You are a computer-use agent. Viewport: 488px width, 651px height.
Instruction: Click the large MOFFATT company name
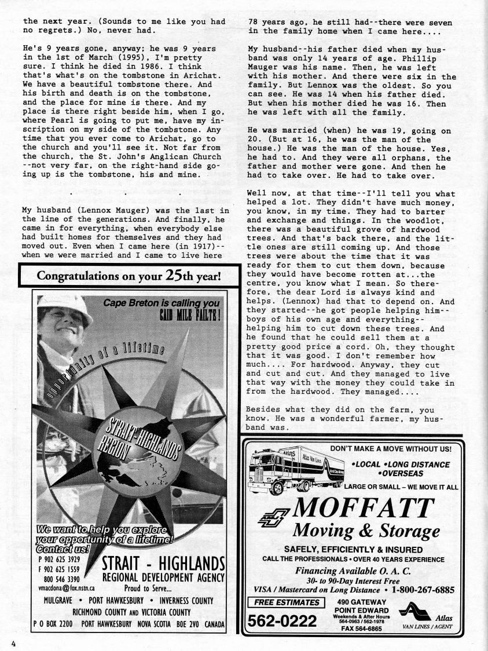click(x=364, y=508)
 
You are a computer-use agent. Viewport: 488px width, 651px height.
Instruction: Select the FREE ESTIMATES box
click(x=286, y=602)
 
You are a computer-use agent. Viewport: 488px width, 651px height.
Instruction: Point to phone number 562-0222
click(x=282, y=621)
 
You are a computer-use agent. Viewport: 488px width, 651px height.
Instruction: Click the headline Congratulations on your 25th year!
click(x=129, y=275)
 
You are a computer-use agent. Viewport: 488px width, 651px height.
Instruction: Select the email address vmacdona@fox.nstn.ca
click(x=63, y=588)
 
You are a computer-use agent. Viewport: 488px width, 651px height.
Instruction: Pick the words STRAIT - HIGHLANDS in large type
click(x=163, y=563)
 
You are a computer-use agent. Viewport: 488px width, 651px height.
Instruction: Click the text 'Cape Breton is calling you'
click(x=162, y=303)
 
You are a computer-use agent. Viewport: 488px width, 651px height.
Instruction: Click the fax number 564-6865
click(x=361, y=628)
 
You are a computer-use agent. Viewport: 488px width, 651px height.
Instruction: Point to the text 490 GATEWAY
click(x=360, y=602)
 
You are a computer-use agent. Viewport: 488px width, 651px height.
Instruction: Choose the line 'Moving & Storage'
click(x=366, y=531)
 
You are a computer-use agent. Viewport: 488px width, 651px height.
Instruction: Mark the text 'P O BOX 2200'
click(x=53, y=624)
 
